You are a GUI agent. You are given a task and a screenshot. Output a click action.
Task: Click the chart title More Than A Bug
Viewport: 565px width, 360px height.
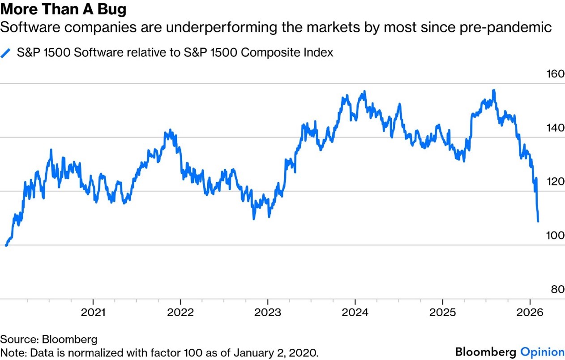64,9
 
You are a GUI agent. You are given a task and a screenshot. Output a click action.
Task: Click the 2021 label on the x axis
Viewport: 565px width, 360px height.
94,312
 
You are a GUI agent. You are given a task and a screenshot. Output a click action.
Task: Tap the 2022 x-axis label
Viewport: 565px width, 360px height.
180,312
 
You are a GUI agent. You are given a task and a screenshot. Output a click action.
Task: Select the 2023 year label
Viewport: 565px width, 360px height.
268,312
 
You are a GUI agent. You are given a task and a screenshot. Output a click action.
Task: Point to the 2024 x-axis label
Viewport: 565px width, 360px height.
355,312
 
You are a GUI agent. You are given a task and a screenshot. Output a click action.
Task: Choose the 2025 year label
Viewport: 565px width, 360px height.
442,312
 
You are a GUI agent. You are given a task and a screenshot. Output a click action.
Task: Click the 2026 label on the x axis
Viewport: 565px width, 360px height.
530,312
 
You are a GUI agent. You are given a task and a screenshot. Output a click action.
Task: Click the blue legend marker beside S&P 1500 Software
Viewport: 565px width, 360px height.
5,53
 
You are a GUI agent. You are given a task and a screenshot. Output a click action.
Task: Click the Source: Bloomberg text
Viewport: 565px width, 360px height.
49,339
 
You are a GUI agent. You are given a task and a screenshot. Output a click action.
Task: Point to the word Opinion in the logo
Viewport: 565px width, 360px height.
542,351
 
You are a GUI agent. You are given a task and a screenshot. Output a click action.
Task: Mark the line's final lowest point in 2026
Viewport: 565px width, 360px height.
538,221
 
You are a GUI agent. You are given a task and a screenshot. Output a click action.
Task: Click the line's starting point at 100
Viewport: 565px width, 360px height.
6,245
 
